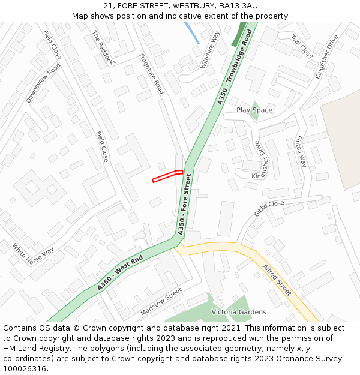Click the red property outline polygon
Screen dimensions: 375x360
(x=167, y=176)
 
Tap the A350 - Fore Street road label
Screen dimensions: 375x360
(x=184, y=203)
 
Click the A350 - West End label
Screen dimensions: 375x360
(x=121, y=274)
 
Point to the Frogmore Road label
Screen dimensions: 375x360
(x=152, y=74)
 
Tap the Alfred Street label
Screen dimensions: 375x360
(x=277, y=280)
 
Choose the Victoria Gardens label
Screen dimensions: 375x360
(x=239, y=312)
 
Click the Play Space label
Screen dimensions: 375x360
(x=254, y=110)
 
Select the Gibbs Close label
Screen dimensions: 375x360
(x=269, y=208)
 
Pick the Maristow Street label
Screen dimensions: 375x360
(x=161, y=302)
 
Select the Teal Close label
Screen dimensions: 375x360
(x=302, y=46)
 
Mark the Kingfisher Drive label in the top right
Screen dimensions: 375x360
(x=327, y=56)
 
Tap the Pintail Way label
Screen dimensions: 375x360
(x=301, y=151)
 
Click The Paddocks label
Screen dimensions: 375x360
(x=104, y=47)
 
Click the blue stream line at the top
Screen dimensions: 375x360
(x=192, y=32)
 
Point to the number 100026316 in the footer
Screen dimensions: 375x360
(x=25, y=368)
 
